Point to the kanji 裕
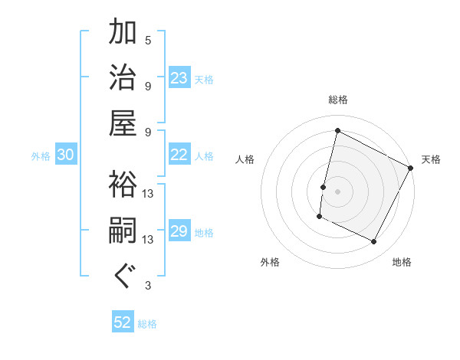click(x=123, y=184)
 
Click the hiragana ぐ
click(x=123, y=276)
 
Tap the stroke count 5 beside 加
click(x=148, y=40)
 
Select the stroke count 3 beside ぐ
click(x=148, y=286)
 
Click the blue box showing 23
click(x=179, y=77)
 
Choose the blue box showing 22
click(x=179, y=155)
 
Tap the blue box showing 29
click(x=179, y=231)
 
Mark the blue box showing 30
click(x=66, y=155)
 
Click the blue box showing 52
click(x=123, y=322)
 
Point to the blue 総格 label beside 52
click(x=147, y=324)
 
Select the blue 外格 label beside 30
click(x=41, y=156)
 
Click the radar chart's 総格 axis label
click(x=337, y=100)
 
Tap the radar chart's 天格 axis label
click(x=431, y=159)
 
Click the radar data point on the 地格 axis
click(x=374, y=242)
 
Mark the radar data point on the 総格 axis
click(x=337, y=130)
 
